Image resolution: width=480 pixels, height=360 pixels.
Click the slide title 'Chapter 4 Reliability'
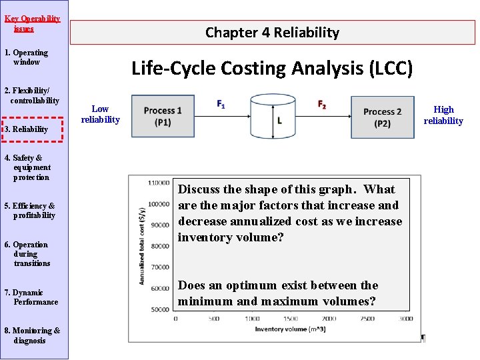[x=272, y=32]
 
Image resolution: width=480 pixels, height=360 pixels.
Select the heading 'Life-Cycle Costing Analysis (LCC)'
[x=272, y=68]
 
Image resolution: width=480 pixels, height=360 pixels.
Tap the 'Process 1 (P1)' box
[x=163, y=117]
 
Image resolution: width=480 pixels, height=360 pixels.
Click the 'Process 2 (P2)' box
[x=382, y=117]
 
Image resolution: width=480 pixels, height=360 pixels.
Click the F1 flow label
[x=221, y=105]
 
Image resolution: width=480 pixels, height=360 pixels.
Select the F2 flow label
[x=322, y=105]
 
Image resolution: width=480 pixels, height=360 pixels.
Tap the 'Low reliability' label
[x=100, y=114]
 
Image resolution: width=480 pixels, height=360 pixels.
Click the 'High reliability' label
[x=443, y=115]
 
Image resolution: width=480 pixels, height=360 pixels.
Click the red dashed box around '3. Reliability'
[x=33, y=129]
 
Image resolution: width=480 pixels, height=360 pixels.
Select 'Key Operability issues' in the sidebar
[x=32, y=23]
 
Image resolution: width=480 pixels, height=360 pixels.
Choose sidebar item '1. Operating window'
[x=27, y=57]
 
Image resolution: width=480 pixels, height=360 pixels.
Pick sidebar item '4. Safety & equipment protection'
[x=27, y=168]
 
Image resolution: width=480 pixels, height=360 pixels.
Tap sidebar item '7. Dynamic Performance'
[x=31, y=297]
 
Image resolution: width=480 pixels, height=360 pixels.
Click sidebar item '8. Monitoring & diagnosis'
[x=32, y=335]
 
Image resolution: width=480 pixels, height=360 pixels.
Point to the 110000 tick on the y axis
[x=159, y=183]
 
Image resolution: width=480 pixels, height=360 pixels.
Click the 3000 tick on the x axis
[x=406, y=319]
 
